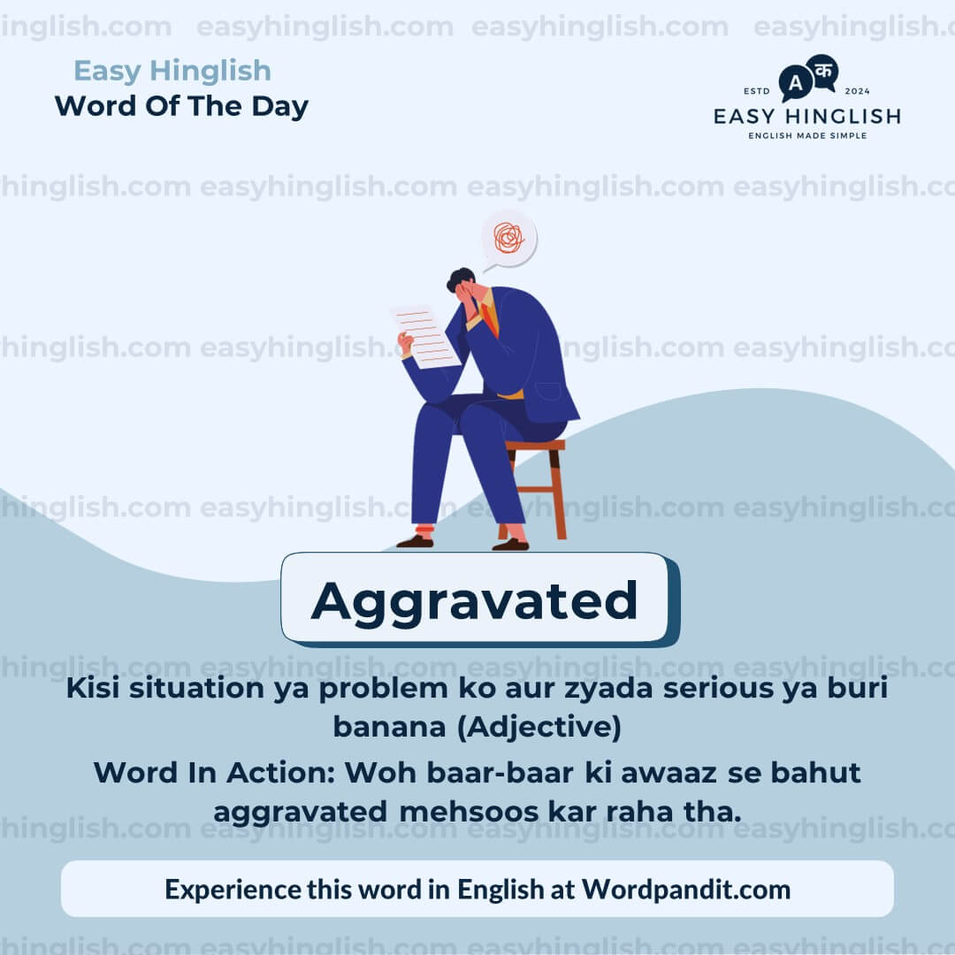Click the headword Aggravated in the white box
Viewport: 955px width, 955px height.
[475, 600]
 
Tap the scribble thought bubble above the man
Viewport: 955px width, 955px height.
[508, 237]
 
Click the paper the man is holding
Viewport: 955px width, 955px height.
[425, 336]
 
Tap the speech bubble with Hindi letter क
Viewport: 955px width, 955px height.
[823, 71]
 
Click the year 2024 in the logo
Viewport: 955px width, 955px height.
[858, 91]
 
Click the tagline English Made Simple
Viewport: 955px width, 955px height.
[807, 135]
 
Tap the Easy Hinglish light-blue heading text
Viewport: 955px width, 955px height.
[172, 71]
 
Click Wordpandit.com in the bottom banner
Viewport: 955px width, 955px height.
[686, 890]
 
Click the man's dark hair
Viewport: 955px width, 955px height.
[460, 279]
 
